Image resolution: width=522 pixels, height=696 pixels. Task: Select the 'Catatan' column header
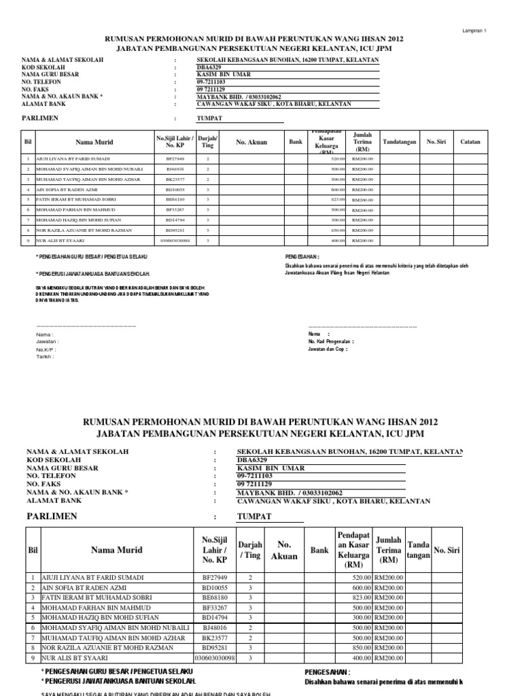pyautogui.click(x=470, y=142)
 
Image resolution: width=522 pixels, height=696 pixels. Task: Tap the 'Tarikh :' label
pyautogui.click(x=45, y=356)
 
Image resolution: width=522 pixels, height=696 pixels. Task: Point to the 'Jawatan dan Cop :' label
pyautogui.click(x=328, y=349)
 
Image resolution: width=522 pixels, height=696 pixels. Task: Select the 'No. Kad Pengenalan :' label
pyautogui.click(x=331, y=341)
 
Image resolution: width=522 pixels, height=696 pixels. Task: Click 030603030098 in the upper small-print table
pyautogui.click(x=175, y=241)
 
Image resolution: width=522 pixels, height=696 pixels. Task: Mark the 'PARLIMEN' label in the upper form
pyautogui.click(x=41, y=118)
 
